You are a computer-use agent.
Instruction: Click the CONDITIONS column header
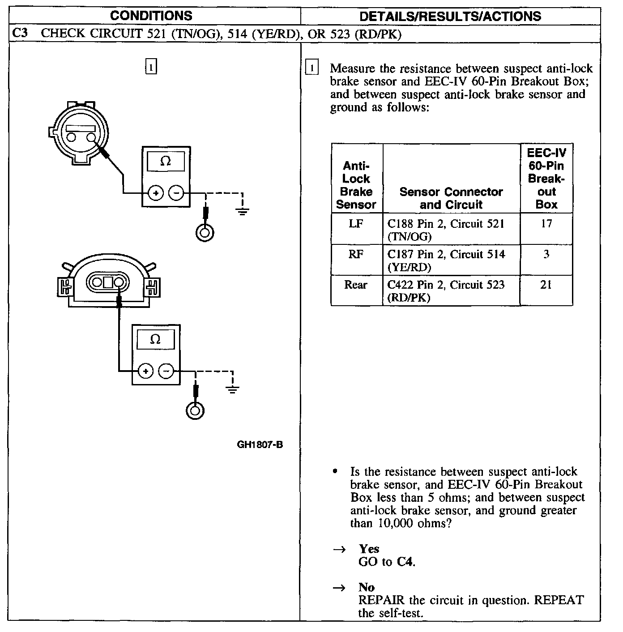point(151,16)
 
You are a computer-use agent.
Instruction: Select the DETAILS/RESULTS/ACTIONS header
point(450,17)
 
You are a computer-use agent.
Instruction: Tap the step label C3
point(20,34)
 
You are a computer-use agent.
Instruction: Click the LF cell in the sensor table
point(356,223)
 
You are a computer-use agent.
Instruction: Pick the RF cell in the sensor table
point(356,254)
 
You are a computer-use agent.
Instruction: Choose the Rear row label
point(356,285)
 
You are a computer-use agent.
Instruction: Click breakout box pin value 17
point(546,223)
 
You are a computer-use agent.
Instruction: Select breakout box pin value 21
point(546,285)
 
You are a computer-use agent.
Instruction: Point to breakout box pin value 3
point(546,254)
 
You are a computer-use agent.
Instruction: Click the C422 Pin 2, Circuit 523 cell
point(446,291)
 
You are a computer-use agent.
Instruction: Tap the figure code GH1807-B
point(260,444)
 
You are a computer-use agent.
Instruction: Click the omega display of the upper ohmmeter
point(166,161)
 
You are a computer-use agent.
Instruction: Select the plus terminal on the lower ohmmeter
point(145,371)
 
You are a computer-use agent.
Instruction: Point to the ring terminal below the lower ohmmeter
point(195,411)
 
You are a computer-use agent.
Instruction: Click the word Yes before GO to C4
point(369,549)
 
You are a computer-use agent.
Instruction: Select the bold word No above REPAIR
point(366,587)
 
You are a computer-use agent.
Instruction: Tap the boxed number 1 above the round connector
point(151,67)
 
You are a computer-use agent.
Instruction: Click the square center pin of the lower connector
point(108,282)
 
